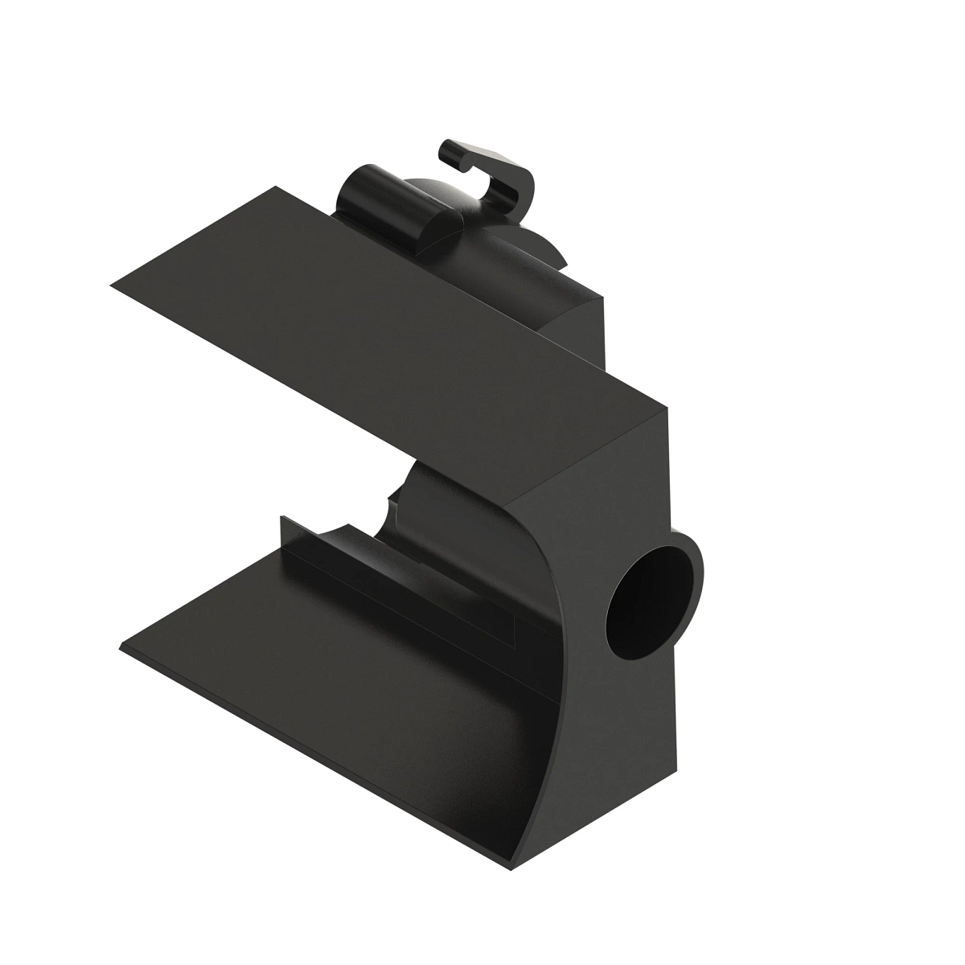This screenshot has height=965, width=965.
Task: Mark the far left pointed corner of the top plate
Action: (112, 282)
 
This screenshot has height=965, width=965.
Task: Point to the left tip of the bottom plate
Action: (122, 647)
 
